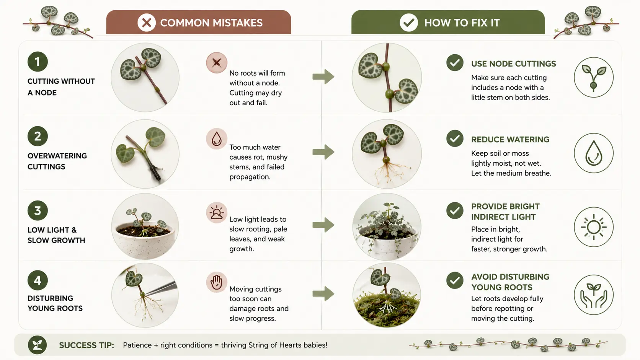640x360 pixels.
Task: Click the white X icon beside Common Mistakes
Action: click(147, 23)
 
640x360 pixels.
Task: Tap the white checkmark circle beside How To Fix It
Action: click(409, 23)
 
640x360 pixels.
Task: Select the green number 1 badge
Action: click(38, 62)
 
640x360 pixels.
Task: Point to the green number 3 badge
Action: click(38, 210)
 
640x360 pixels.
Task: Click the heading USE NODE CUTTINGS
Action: click(513, 64)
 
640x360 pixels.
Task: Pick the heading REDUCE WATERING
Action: click(510, 140)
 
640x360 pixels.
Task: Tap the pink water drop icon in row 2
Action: click(217, 139)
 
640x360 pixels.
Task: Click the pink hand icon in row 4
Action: click(217, 282)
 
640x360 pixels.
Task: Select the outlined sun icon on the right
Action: click(594, 227)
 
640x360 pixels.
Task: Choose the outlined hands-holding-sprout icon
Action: click(594, 295)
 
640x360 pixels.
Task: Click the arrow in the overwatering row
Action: click(323, 152)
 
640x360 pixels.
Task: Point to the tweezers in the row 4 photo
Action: click(162, 288)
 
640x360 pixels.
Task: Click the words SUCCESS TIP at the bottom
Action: click(87, 345)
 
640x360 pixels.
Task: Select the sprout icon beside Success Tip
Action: click(38, 345)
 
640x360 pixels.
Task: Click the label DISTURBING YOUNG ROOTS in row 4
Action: click(55, 303)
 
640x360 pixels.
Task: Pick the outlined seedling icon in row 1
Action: click(594, 77)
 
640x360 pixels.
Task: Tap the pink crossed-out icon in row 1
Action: click(217, 62)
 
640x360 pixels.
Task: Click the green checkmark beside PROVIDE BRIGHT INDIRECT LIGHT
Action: click(455, 210)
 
